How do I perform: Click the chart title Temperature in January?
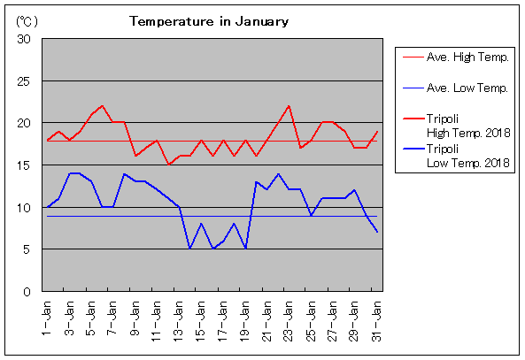[209, 21]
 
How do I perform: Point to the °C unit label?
[27, 22]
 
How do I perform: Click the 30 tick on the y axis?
[24, 39]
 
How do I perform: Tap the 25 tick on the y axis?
[24, 81]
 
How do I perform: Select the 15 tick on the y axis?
[24, 165]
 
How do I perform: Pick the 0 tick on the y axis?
[27, 292]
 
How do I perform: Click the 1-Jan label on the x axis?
[46, 318]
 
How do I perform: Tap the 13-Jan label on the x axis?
[178, 320]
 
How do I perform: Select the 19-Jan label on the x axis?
[244, 320]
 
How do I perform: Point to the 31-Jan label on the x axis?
[376, 320]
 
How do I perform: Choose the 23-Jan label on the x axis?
[289, 320]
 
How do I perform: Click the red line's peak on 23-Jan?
[289, 106]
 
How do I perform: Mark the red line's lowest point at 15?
[168, 165]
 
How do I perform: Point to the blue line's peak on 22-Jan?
[278, 174]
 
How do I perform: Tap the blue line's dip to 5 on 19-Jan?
[246, 249]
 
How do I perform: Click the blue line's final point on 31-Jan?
[377, 232]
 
